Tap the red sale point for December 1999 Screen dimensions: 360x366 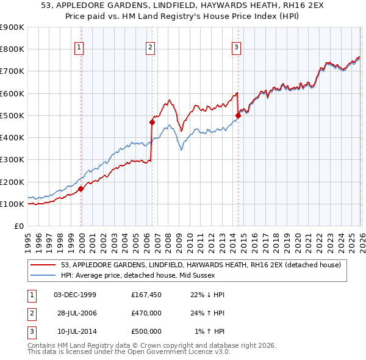(81, 189)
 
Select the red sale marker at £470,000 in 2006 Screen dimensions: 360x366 (152, 122)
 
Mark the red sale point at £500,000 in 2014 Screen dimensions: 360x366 (238, 115)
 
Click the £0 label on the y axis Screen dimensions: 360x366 (18, 226)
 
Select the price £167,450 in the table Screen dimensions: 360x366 (146, 295)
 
